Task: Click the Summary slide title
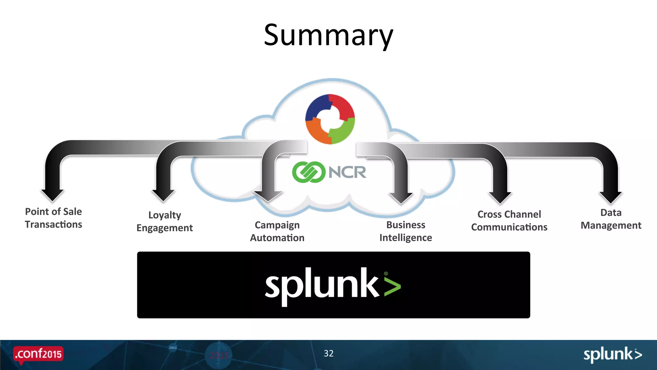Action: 328,35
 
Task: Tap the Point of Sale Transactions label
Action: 54,218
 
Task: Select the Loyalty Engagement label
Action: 165,221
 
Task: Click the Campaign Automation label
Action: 277,231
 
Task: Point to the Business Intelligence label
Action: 405,231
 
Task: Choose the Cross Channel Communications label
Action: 509,221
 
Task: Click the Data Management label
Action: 611,219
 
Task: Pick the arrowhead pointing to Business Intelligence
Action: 401,198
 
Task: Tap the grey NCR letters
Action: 347,172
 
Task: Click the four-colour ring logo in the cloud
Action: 330,119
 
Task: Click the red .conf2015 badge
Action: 38,354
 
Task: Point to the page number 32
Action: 328,353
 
